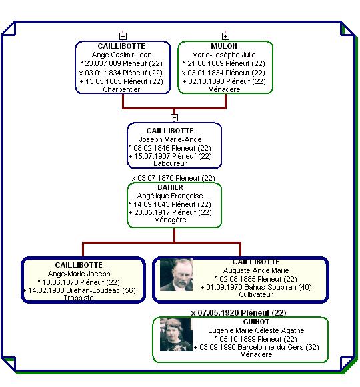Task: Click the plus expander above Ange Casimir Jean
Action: pos(123,36)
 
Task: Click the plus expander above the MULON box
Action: pos(225,36)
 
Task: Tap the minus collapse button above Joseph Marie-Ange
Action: pos(174,117)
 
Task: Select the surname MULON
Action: pos(224,46)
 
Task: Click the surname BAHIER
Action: pos(170,187)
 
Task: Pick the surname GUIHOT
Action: pos(256,322)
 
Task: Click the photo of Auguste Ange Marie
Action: pos(176,274)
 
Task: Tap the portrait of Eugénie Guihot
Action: pos(176,334)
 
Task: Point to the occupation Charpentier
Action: pos(121,89)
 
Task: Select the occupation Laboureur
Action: pos(170,163)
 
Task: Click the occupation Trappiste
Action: pos(79,298)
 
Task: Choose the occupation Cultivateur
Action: pos(256,294)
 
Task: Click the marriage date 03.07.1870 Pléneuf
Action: pos(173,178)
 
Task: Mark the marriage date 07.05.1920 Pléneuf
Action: pos(239,313)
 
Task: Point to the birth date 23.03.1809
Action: pos(103,63)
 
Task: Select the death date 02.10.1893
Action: pos(206,81)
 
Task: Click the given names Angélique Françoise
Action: pos(170,196)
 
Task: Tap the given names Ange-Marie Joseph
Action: pos(79,274)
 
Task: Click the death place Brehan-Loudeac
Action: pos(93,290)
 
